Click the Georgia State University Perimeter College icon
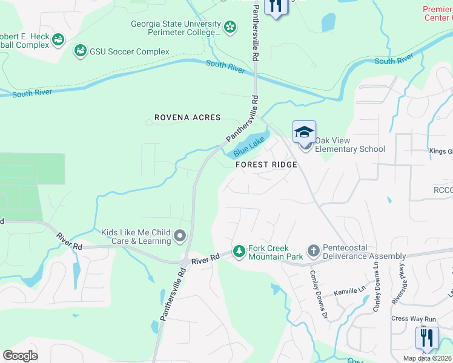click(230, 26)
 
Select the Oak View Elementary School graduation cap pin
click(304, 132)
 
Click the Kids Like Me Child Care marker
click(179, 235)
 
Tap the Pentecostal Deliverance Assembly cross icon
click(313, 250)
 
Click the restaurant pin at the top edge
click(276, 7)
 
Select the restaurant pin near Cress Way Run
click(427, 337)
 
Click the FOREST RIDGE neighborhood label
click(266, 165)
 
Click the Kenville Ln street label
click(350, 291)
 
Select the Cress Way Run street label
click(414, 319)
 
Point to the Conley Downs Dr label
click(319, 287)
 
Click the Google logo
click(20, 355)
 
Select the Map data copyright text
click(428, 358)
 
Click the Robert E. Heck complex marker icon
click(58, 40)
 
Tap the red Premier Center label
click(437, 13)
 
